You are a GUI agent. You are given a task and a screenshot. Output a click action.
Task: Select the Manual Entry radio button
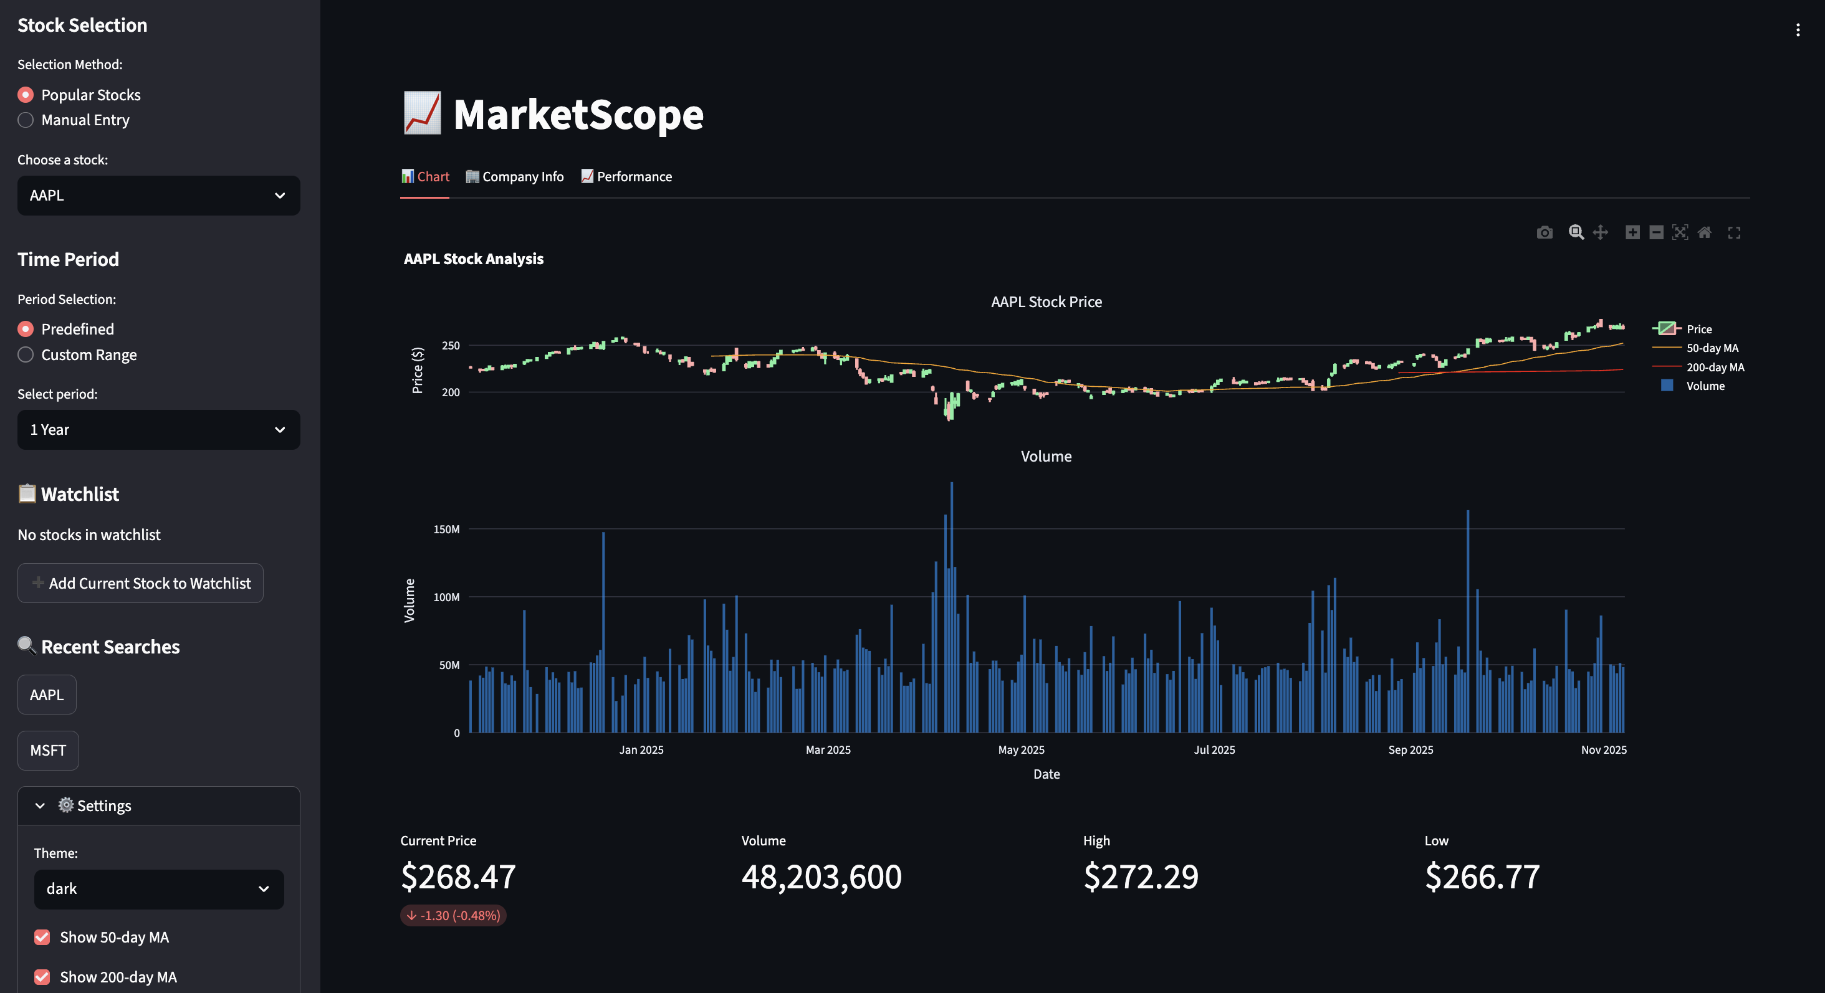tap(26, 120)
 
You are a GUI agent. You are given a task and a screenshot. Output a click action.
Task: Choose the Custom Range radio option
tap(26, 355)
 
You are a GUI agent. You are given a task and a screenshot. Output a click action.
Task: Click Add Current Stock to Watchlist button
tap(140, 584)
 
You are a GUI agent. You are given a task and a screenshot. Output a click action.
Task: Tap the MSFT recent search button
tap(47, 751)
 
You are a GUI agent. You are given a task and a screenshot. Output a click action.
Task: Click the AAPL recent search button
tap(47, 695)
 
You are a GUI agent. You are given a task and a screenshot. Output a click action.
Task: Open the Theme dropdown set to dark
tap(159, 889)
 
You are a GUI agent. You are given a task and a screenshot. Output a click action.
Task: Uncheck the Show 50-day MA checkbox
tap(42, 937)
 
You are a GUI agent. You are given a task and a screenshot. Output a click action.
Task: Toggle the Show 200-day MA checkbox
tap(42, 977)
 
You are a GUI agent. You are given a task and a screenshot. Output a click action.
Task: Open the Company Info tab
tap(515, 177)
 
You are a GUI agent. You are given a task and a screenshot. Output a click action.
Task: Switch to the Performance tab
tap(627, 177)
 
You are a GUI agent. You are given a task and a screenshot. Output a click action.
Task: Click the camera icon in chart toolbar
tap(1545, 232)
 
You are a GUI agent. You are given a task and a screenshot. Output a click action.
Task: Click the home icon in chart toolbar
tap(1705, 232)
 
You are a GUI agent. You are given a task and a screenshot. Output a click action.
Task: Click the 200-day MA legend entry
tap(1715, 367)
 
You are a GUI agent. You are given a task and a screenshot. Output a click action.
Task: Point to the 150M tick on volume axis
tap(446, 529)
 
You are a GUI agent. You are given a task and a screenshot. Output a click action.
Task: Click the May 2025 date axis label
tap(1021, 749)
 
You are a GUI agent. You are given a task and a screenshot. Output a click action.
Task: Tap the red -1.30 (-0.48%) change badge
tap(453, 915)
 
